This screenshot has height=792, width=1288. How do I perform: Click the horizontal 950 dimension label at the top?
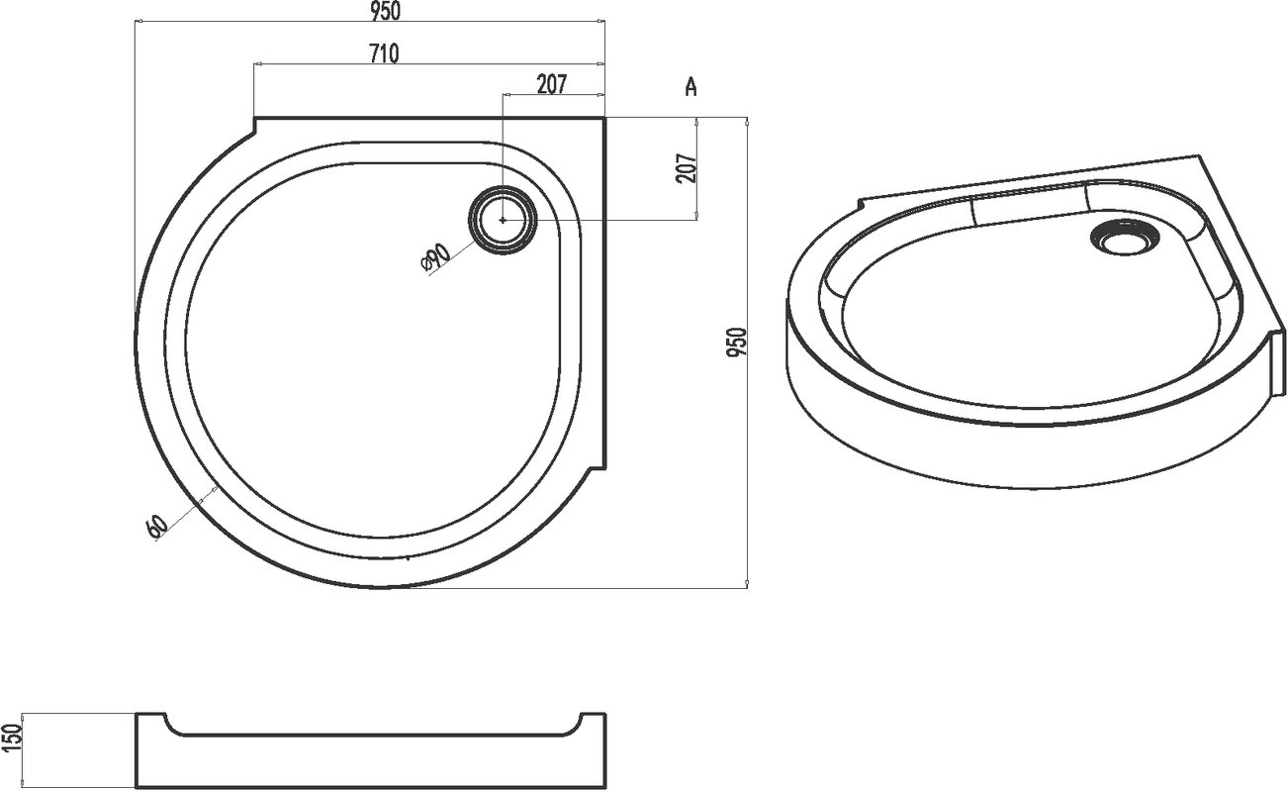point(385,11)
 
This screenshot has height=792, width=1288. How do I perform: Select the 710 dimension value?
point(384,53)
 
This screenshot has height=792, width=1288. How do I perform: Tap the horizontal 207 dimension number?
point(552,84)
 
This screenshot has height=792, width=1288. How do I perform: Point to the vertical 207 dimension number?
point(687,168)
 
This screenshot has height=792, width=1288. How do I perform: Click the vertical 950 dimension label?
point(737,342)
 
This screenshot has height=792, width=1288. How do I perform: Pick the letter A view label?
point(691,87)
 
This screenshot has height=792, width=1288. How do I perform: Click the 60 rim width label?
point(156,526)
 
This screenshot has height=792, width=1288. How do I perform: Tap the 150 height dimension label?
point(12,738)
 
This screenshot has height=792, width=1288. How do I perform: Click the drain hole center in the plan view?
point(504,220)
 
